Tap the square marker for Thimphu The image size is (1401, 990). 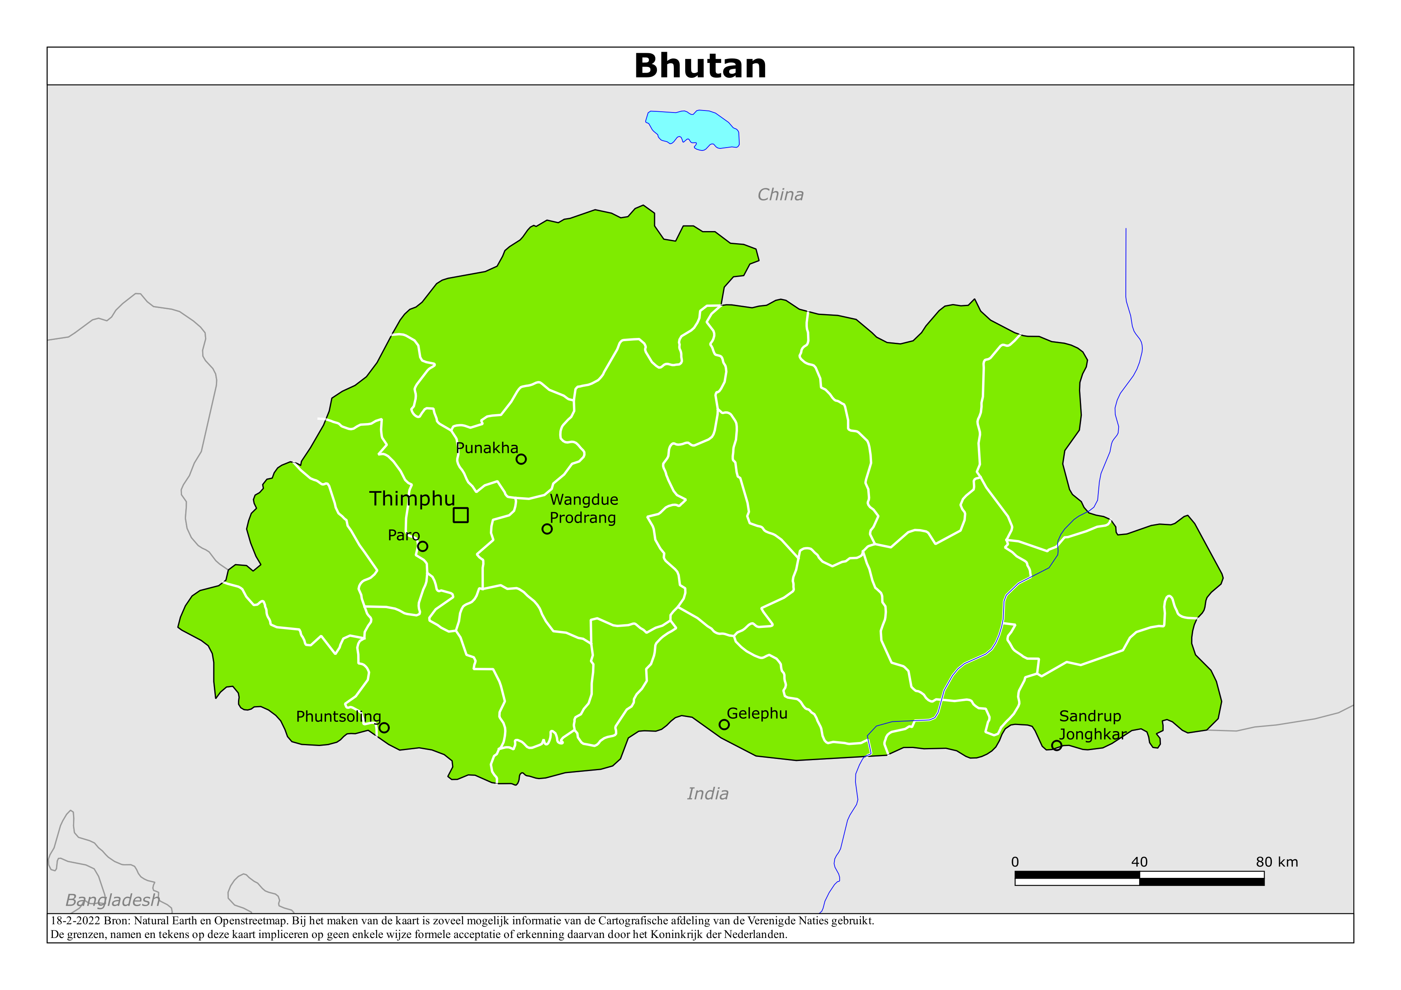click(461, 515)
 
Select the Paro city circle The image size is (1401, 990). click(422, 546)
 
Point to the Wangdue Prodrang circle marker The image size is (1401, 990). click(547, 529)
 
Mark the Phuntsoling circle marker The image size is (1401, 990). click(384, 727)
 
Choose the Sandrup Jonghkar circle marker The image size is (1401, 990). click(1057, 745)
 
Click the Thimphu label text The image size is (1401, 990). click(412, 498)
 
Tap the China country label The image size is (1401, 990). click(780, 195)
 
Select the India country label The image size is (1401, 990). click(707, 794)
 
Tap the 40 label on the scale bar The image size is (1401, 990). click(1139, 862)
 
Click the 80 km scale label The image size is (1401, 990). click(1277, 862)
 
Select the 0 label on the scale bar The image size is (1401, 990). click(1015, 862)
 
